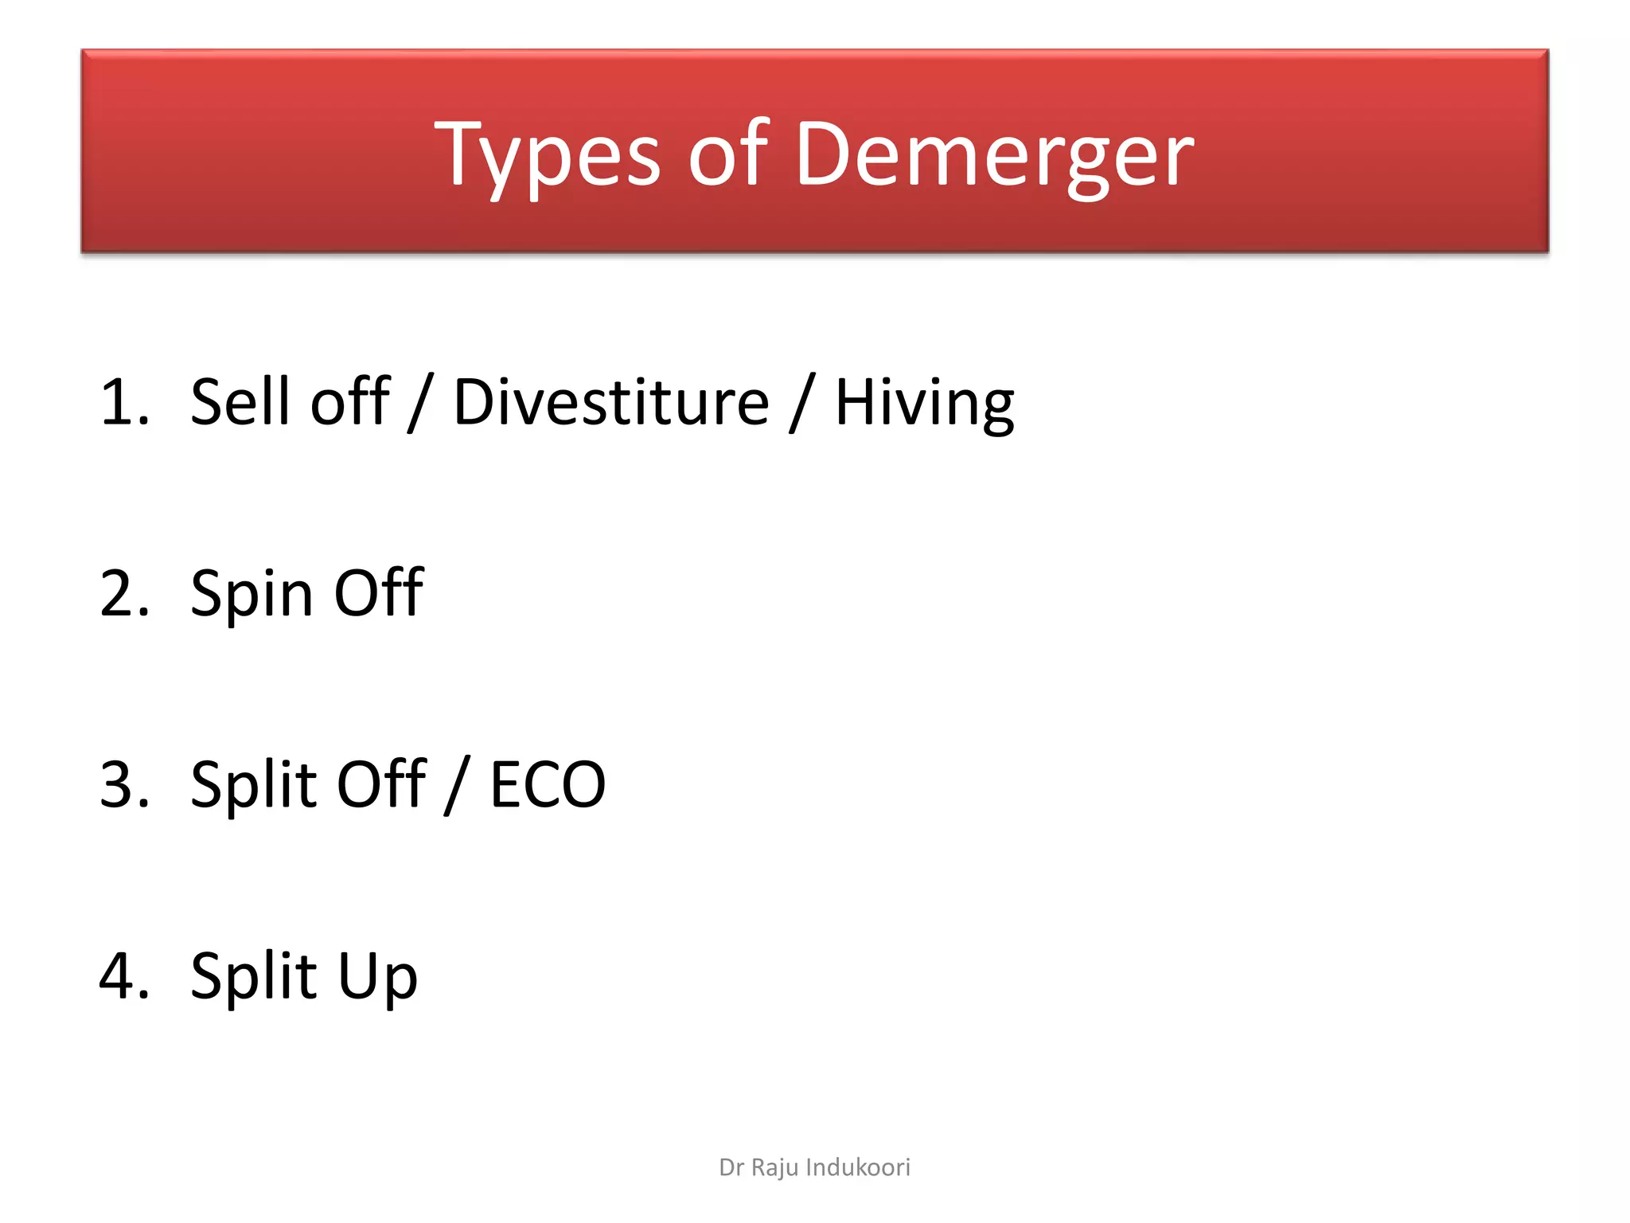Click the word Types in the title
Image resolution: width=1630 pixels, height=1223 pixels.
tap(548, 155)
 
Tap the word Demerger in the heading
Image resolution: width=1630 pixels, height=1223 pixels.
tap(994, 155)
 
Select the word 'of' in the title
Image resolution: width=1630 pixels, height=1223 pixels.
tap(727, 155)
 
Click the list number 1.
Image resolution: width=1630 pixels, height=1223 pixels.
tap(124, 402)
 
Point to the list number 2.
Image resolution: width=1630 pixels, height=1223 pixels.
tap(124, 593)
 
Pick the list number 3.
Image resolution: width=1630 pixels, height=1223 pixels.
tap(124, 784)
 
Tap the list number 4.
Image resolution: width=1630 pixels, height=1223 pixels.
tap(124, 975)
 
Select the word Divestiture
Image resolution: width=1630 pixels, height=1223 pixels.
tap(611, 402)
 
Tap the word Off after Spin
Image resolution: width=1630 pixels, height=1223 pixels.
tap(379, 593)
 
